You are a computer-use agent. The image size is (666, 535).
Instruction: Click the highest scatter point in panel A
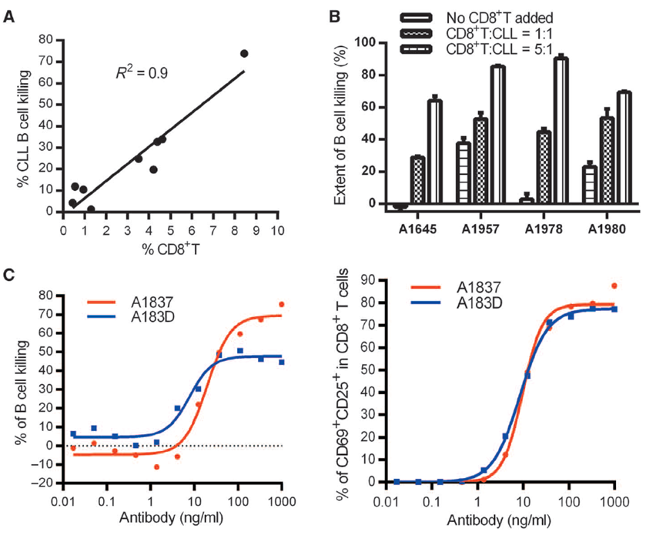(x=244, y=53)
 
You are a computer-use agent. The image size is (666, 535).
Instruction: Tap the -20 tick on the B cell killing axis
(x=45, y=483)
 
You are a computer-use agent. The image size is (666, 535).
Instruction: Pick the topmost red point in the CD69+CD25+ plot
(x=614, y=286)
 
